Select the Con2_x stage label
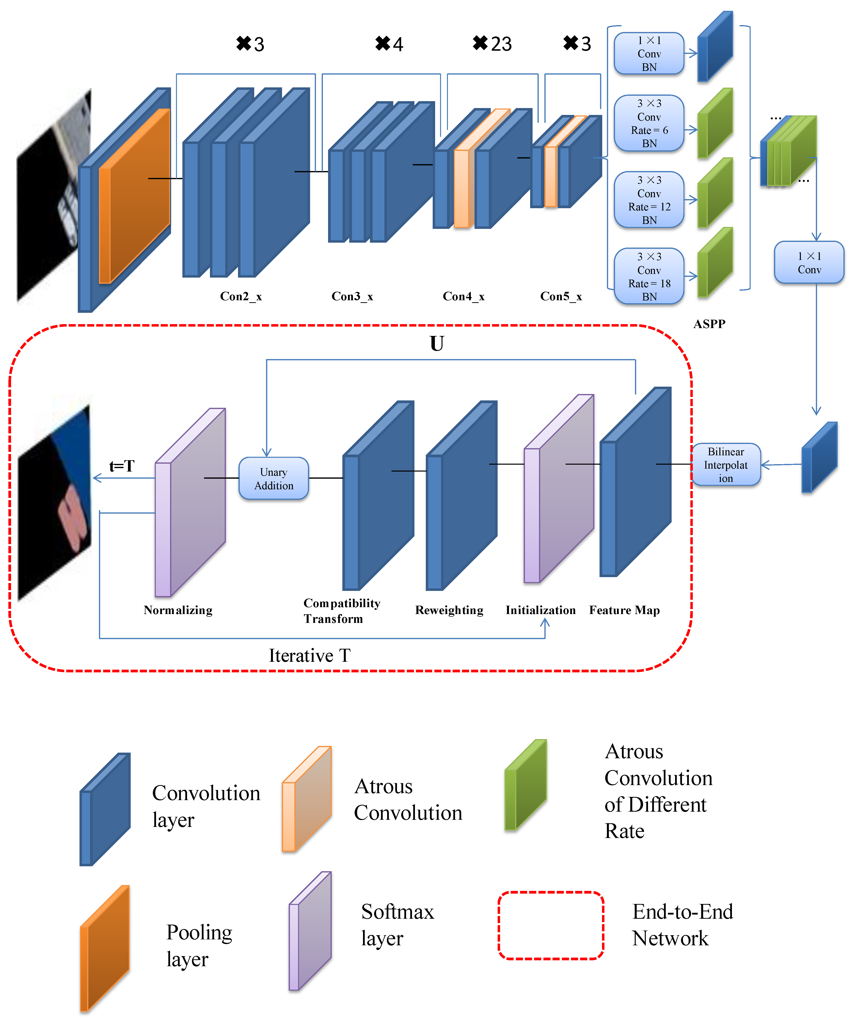[241, 296]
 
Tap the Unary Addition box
[273, 479]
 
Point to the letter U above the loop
[437, 344]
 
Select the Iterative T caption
[310, 655]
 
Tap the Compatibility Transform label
[341, 611]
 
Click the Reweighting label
[449, 610]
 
